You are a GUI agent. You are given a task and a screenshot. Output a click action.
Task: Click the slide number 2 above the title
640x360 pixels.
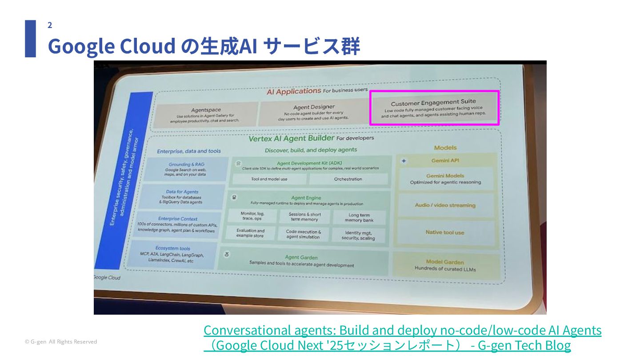[x=50, y=25]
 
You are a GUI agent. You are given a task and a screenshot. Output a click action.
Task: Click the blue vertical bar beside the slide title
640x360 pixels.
[x=30, y=39]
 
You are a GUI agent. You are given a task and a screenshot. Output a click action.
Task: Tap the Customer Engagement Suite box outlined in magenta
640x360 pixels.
[x=434, y=108]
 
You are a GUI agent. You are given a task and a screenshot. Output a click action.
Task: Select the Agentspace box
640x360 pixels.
[x=205, y=114]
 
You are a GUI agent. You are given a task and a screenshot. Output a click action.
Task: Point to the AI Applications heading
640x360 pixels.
[x=293, y=91]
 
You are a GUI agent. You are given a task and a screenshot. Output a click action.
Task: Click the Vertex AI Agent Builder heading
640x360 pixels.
[x=291, y=138]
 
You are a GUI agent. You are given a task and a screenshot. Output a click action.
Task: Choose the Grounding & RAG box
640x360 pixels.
[x=186, y=169]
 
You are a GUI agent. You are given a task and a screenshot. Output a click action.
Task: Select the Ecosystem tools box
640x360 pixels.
[x=172, y=254]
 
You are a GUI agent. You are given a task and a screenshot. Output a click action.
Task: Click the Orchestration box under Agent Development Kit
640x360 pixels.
[x=348, y=179]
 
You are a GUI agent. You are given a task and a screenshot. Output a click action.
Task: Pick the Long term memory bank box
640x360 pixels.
[x=359, y=217]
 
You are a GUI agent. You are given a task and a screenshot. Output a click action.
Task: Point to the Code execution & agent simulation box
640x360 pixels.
[x=303, y=234]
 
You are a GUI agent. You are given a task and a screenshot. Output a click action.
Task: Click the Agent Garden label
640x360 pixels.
[x=301, y=257]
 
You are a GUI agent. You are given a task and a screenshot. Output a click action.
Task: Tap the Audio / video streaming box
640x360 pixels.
[x=445, y=205]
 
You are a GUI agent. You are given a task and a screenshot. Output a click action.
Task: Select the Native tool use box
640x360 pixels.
[x=444, y=232]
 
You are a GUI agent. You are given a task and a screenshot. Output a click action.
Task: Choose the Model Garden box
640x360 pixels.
[x=444, y=265]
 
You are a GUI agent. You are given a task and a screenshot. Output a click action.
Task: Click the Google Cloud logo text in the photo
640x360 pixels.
[x=107, y=277]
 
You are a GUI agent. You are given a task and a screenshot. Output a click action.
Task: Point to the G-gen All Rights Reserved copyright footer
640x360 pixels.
[x=61, y=342]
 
